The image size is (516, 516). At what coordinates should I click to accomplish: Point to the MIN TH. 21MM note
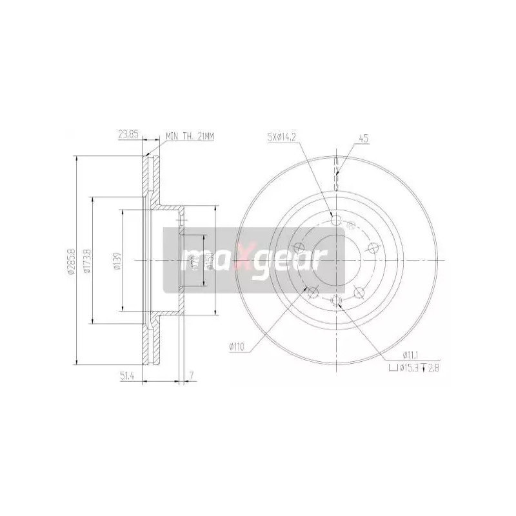(x=190, y=136)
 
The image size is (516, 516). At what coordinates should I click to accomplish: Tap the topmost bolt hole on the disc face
(x=335, y=220)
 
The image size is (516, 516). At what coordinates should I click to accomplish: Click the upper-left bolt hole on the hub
(x=298, y=247)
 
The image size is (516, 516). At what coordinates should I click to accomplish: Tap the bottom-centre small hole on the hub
(x=335, y=300)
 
